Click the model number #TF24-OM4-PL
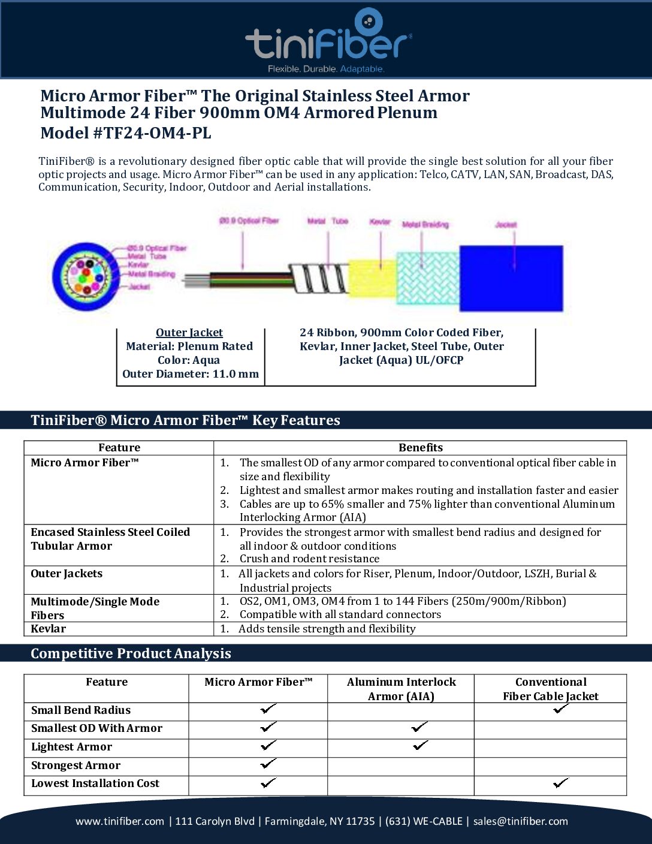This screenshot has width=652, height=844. (152, 133)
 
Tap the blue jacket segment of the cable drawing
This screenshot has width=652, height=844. (511, 278)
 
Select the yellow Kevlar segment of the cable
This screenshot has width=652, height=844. (372, 278)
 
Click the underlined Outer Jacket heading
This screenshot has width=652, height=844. (189, 333)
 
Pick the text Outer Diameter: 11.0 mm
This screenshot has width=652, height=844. (191, 374)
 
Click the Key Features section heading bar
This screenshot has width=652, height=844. (185, 420)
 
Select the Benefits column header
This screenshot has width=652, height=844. (420, 448)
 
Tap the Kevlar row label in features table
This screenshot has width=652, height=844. (49, 629)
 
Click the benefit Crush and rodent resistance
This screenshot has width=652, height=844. (309, 559)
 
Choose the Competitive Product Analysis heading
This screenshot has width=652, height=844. (131, 653)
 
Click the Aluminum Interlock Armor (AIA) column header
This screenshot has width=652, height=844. (401, 689)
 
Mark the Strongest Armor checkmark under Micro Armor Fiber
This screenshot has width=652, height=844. (268, 764)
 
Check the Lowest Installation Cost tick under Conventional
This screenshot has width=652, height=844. (561, 783)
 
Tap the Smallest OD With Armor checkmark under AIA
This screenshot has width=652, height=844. (419, 727)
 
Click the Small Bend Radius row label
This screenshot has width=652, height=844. (81, 710)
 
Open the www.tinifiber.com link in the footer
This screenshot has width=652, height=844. (120, 821)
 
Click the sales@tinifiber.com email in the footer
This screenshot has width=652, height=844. (520, 821)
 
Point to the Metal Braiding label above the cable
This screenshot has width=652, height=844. (425, 225)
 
